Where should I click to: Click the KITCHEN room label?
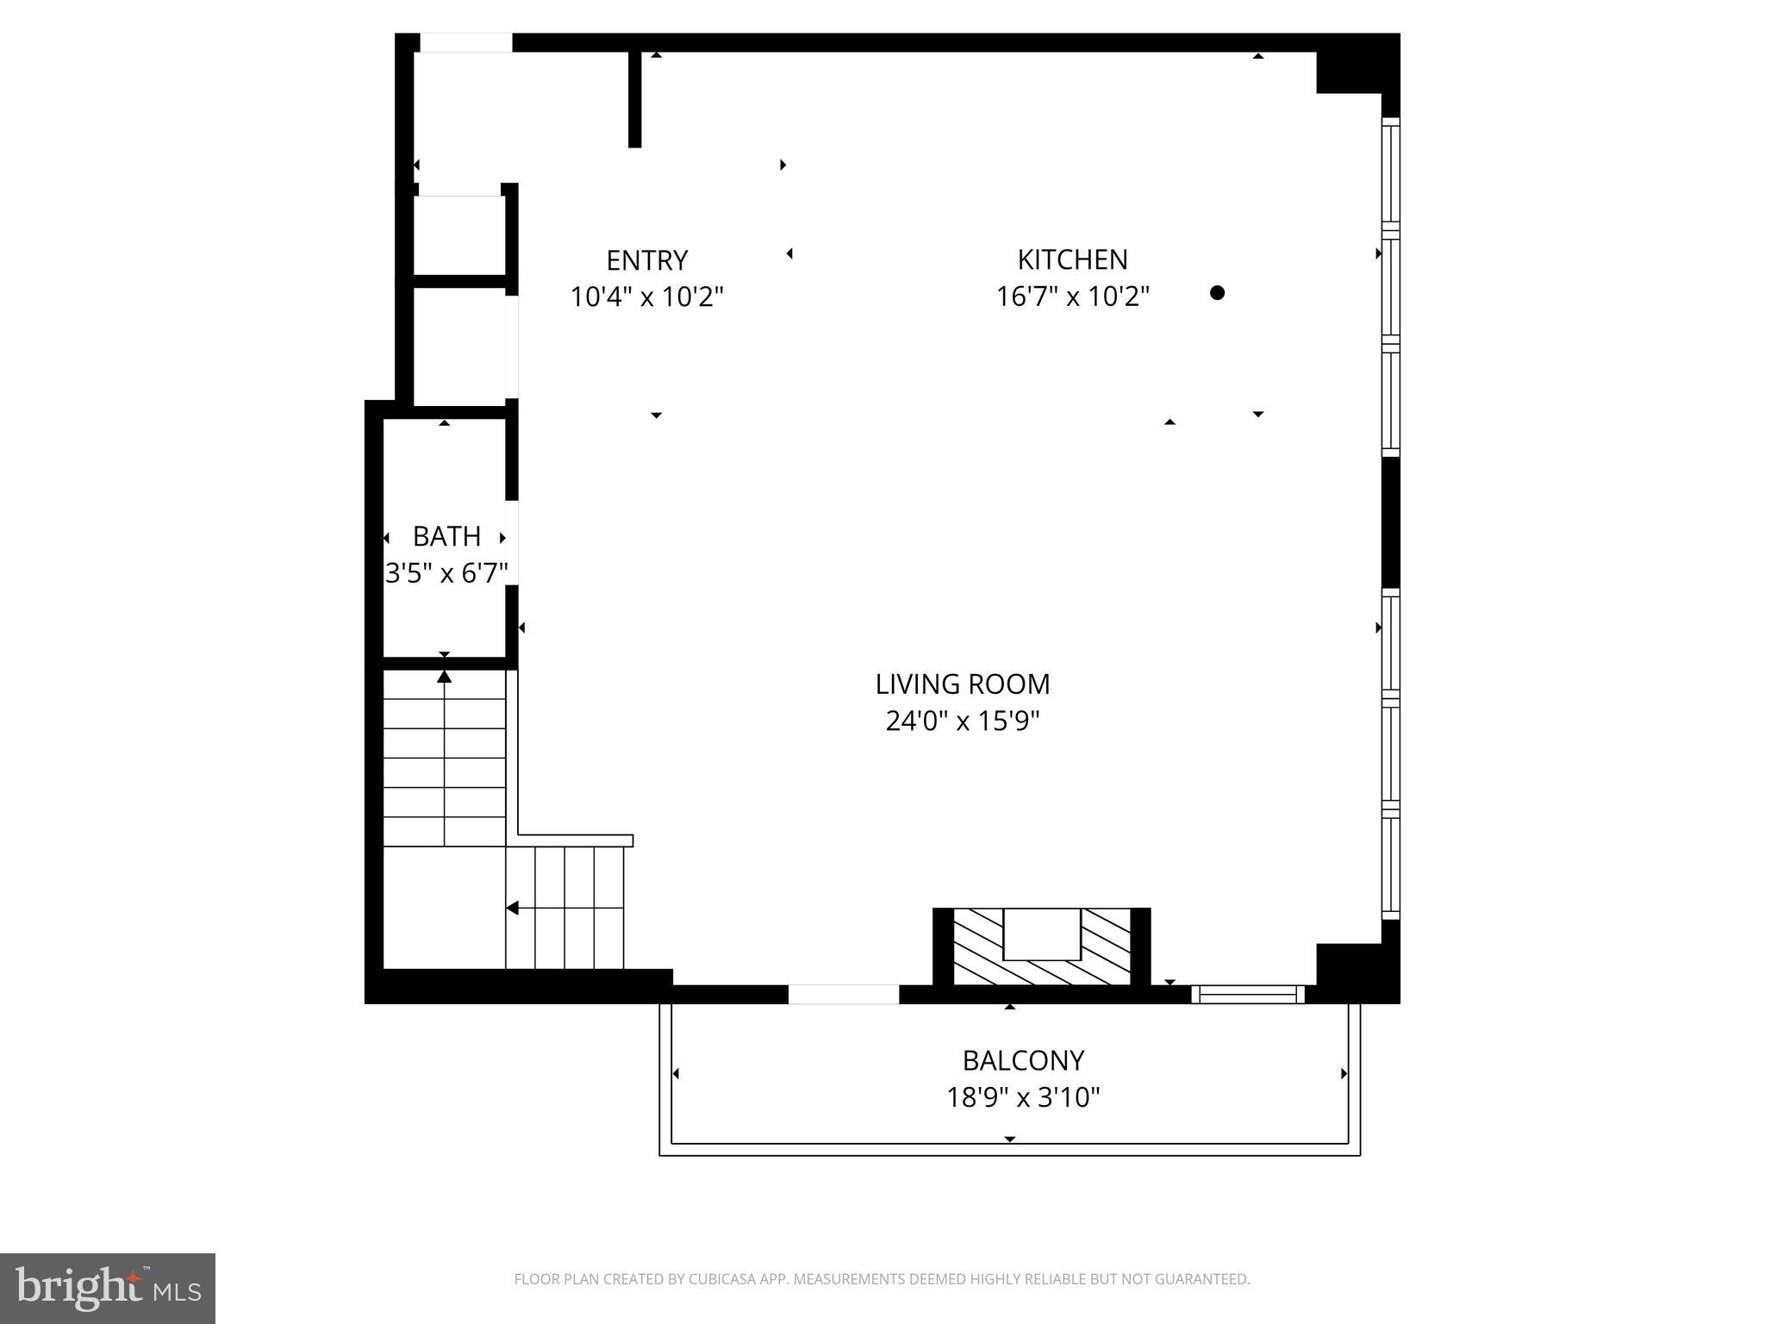point(1072,259)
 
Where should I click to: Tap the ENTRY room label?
point(646,260)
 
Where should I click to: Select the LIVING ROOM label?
point(963,684)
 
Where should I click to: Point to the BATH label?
point(446,536)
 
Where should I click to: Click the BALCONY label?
point(1023,1059)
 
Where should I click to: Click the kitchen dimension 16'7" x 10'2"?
point(1072,297)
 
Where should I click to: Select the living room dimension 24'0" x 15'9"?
point(963,721)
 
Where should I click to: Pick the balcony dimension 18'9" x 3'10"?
point(1023,1097)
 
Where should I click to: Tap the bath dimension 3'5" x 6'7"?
point(446,573)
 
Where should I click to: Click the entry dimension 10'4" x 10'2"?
point(646,297)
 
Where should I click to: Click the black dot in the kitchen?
point(1217,292)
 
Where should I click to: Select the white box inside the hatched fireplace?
point(1042,934)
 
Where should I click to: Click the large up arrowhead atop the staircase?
point(444,677)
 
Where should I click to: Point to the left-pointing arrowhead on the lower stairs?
point(512,908)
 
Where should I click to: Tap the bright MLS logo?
point(107,1289)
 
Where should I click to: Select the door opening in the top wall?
point(465,42)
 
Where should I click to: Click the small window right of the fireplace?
point(1248,995)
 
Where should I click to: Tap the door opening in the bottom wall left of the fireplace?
point(844,995)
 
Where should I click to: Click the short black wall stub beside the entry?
point(634,98)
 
